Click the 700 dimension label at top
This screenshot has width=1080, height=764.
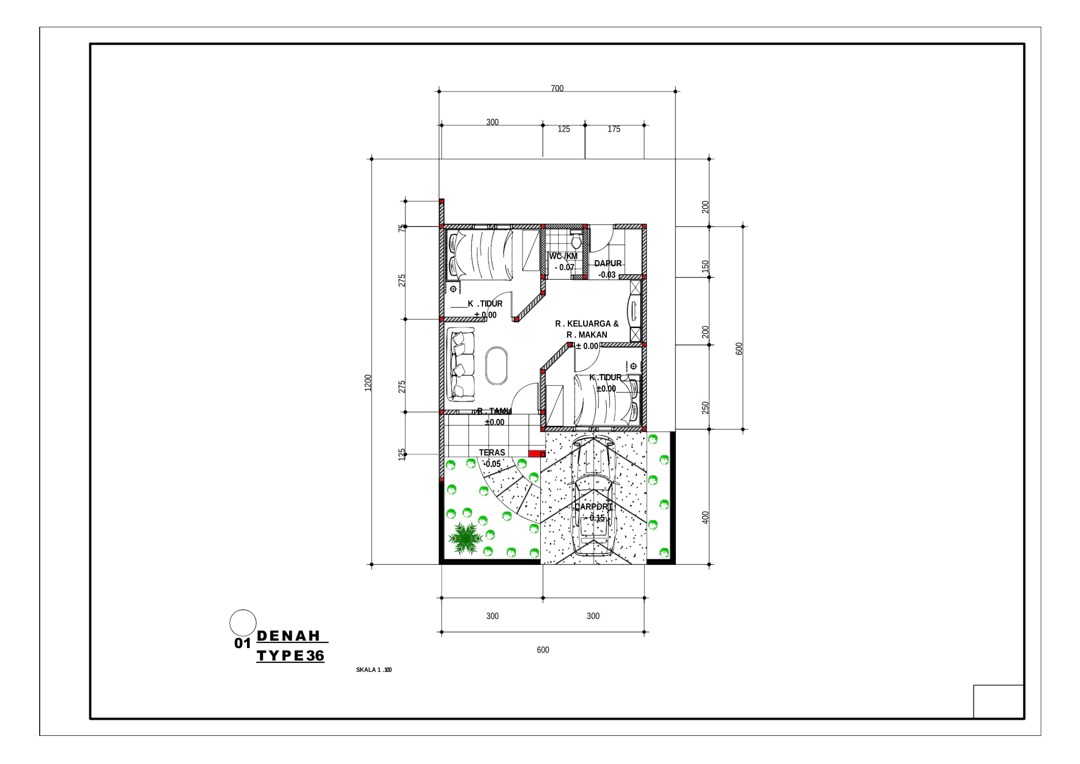[557, 88]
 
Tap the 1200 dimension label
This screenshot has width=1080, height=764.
[368, 382]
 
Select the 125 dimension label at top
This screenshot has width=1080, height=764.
[563, 129]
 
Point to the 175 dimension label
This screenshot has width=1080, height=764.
[613, 129]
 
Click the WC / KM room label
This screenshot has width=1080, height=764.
[563, 256]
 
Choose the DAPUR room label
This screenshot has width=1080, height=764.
[608, 263]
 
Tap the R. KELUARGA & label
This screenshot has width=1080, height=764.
[586, 324]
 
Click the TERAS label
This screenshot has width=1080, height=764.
[492, 453]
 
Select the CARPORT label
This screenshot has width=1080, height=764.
[593, 507]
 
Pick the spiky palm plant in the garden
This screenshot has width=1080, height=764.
[465, 538]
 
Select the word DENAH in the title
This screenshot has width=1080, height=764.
[288, 636]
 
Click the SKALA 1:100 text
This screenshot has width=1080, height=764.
[374, 670]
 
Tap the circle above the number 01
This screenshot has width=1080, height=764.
[243, 623]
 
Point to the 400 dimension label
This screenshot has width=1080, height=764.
[705, 517]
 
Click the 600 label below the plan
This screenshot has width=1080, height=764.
[543, 650]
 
